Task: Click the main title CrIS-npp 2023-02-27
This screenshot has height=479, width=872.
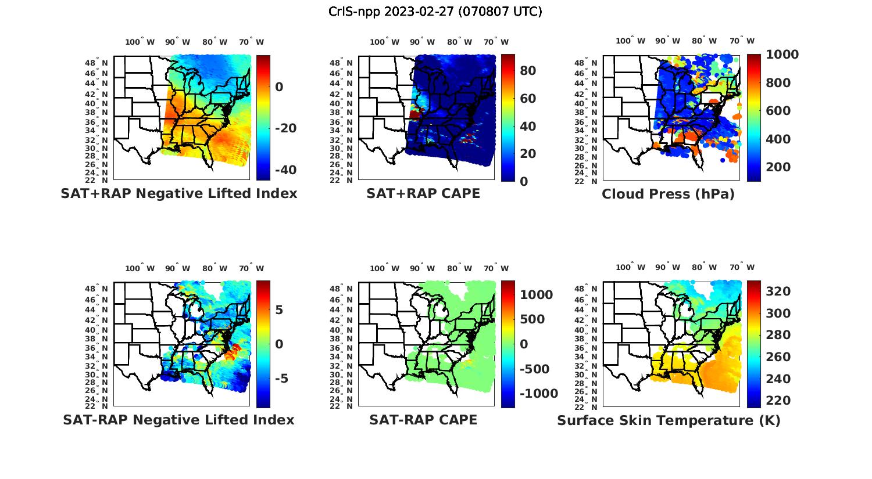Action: point(435,12)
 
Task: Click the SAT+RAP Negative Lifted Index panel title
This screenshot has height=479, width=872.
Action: point(178,193)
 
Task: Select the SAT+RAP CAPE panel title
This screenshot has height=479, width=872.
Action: point(423,193)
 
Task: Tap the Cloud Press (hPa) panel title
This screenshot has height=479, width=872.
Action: point(668,194)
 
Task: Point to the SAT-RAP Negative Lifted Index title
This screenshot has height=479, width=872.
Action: point(178,420)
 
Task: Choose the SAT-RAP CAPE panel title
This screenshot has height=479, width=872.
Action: point(423,420)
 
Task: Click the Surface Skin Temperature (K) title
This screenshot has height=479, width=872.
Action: point(669,420)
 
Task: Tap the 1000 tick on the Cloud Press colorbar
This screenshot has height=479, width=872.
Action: point(782,55)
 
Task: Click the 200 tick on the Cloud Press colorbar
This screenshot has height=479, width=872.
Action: point(778,167)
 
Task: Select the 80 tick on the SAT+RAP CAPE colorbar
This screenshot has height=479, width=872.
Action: point(528,71)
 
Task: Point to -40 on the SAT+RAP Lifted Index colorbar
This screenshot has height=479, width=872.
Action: point(285,170)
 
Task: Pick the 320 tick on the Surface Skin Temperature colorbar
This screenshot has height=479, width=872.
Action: point(778,291)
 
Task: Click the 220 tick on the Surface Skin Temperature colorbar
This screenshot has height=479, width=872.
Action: point(778,401)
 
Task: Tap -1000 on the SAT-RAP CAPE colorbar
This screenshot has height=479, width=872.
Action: point(539,394)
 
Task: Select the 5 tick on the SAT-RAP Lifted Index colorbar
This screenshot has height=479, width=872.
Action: point(279,309)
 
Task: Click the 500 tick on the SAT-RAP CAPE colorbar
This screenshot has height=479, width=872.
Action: point(533,319)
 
